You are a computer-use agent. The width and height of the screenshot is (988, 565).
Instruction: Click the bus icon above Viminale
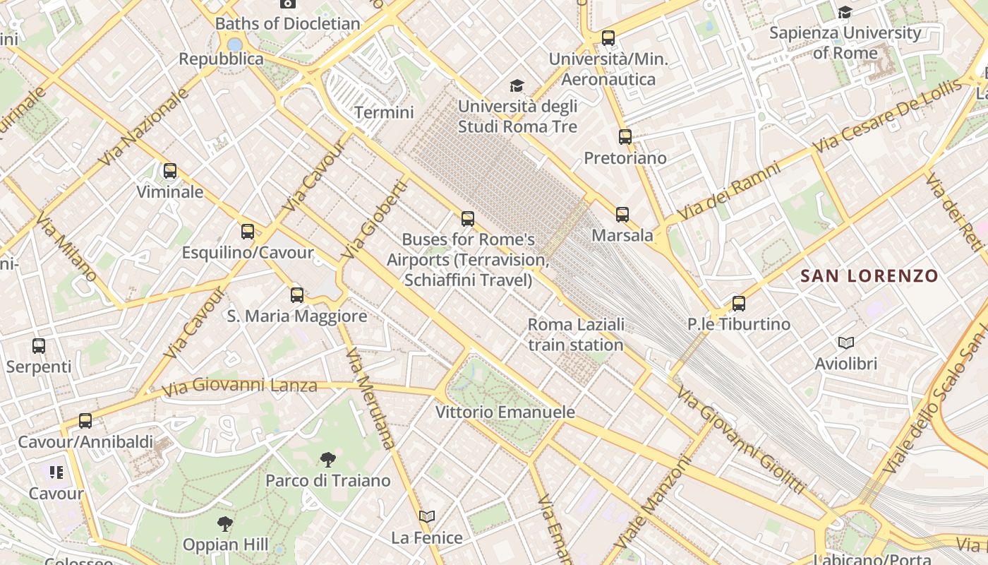pyautogui.click(x=169, y=171)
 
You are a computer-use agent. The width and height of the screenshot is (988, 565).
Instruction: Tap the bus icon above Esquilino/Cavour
pyautogui.click(x=247, y=232)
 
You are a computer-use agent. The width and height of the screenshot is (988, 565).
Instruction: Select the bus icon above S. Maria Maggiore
pyautogui.click(x=297, y=295)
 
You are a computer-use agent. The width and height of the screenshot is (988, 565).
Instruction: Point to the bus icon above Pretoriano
pyautogui.click(x=625, y=137)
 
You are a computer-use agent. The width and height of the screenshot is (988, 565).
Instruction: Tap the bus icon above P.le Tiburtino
pyautogui.click(x=738, y=304)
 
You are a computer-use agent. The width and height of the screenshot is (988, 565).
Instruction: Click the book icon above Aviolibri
pyautogui.click(x=845, y=343)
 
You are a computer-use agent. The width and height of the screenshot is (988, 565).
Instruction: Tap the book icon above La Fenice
pyautogui.click(x=426, y=517)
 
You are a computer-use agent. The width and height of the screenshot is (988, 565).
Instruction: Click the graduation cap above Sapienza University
pyautogui.click(x=844, y=13)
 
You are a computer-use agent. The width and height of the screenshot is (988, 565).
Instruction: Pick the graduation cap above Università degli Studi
pyautogui.click(x=517, y=86)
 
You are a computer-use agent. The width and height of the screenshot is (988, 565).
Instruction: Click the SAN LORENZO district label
pyautogui.click(x=869, y=276)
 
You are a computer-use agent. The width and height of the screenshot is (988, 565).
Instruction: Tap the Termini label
pyautogui.click(x=384, y=112)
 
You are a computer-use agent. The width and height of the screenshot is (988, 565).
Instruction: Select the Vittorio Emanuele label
pyautogui.click(x=505, y=412)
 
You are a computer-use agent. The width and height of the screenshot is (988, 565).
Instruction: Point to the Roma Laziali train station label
pyautogui.click(x=576, y=335)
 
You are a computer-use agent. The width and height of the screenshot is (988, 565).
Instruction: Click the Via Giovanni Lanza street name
pyautogui.click(x=239, y=386)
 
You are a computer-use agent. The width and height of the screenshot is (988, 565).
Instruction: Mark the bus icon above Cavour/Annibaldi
pyautogui.click(x=85, y=421)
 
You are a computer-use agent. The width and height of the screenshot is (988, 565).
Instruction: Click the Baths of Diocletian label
pyautogui.click(x=287, y=23)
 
